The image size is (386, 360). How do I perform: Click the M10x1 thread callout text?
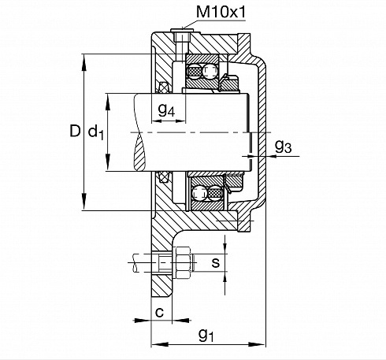[x=221, y=12]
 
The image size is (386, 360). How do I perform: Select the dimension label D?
[x=75, y=131]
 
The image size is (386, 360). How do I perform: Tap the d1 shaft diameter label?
[x=96, y=132]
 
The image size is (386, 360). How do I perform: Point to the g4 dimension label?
[x=166, y=109]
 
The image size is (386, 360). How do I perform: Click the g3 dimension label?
[x=283, y=146]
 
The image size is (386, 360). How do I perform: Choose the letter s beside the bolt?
[x=215, y=262]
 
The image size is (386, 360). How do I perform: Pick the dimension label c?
[x=159, y=312]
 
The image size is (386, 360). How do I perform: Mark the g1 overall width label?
[x=206, y=335]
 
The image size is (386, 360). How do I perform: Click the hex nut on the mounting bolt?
[x=183, y=262]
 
